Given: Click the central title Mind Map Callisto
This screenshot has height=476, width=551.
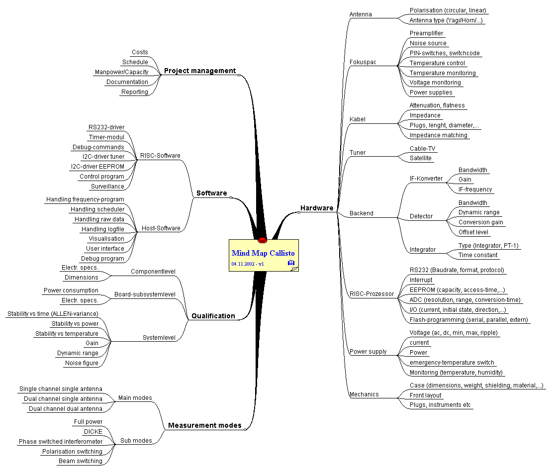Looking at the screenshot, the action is (263, 253).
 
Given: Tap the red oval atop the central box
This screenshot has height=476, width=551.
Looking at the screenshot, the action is (263, 240).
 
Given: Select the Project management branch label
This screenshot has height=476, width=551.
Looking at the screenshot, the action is (200, 71).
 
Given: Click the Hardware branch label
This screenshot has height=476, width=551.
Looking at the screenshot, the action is (317, 208).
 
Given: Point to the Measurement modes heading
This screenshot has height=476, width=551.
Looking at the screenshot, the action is (204, 425).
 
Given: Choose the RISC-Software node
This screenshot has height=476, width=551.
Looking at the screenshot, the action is (160, 155).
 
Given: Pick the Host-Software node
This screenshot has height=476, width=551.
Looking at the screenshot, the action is (161, 228).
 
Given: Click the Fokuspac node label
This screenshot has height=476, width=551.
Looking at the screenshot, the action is (363, 62).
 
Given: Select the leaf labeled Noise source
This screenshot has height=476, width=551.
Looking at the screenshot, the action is (428, 43).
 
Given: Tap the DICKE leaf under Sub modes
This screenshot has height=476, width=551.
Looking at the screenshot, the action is (93, 432).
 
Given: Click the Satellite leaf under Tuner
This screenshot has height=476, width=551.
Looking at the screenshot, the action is (420, 158).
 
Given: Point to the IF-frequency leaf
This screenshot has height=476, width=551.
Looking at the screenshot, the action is (475, 190).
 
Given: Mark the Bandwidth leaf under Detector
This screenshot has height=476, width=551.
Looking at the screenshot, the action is (472, 203).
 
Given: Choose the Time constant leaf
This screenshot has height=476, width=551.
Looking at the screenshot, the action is (478, 255).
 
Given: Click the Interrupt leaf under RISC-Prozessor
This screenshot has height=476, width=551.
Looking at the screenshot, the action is (421, 280).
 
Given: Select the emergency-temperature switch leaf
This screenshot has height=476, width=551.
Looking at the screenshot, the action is (452, 363).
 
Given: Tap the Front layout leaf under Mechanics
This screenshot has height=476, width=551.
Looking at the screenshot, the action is (425, 395).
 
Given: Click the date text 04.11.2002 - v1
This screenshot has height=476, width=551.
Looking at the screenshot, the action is (247, 264).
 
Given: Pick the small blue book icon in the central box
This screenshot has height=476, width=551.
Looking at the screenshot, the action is (291, 263).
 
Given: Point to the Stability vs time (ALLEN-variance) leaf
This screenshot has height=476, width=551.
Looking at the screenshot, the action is (53, 313).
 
